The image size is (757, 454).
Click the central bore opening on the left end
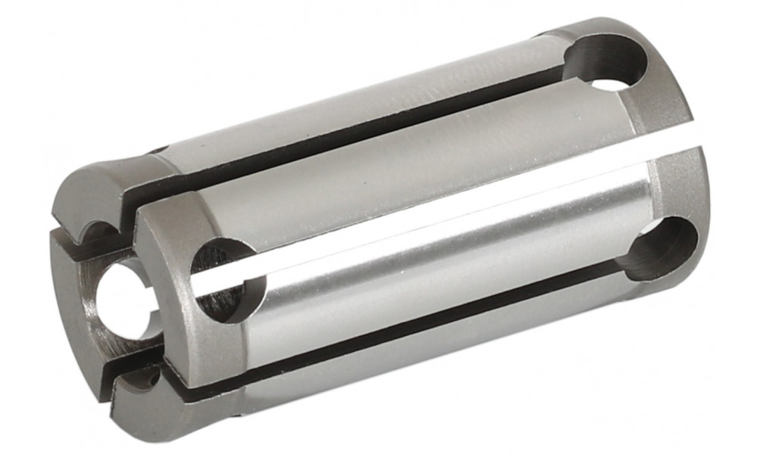coord(121,299)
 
